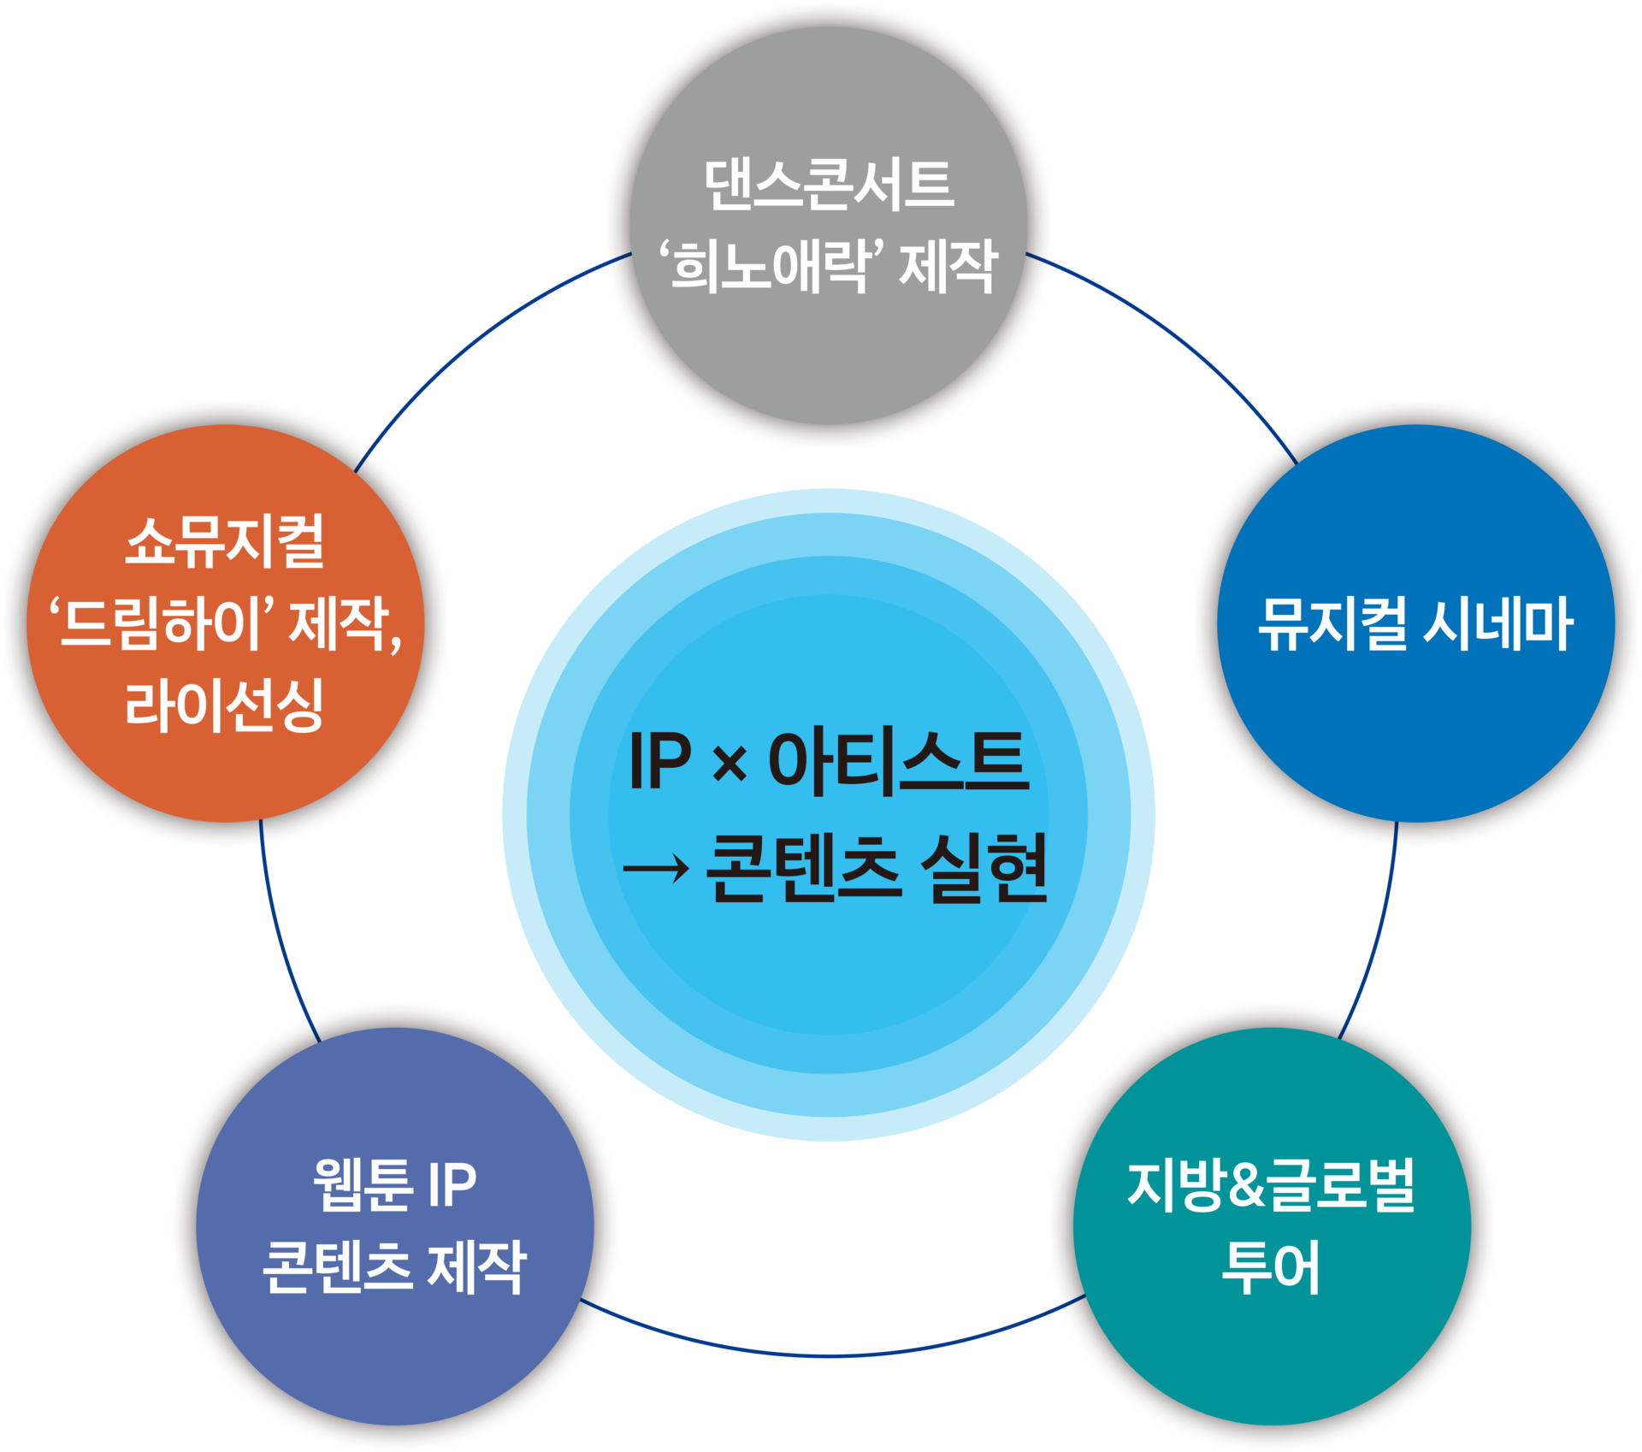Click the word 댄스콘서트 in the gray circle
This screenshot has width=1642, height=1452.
pos(829,185)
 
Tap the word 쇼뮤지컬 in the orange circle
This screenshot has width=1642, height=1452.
pos(225,541)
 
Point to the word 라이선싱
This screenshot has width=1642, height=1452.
pos(224,705)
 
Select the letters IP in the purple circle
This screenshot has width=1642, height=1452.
pos(452,1185)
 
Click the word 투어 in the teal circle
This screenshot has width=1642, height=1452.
pos(1272,1267)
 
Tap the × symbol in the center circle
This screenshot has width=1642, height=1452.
pos(729,764)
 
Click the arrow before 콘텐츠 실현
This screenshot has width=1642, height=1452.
pos(656,870)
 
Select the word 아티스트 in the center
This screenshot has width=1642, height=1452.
pos(899,760)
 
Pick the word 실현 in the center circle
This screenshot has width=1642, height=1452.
pos(984,868)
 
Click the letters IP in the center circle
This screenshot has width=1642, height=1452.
pos(659,760)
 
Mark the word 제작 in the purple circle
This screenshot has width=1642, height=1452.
pos(476,1267)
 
